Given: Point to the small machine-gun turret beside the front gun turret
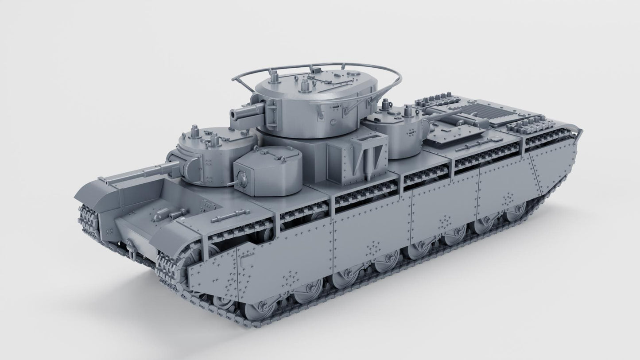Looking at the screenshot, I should pyautogui.click(x=268, y=170).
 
